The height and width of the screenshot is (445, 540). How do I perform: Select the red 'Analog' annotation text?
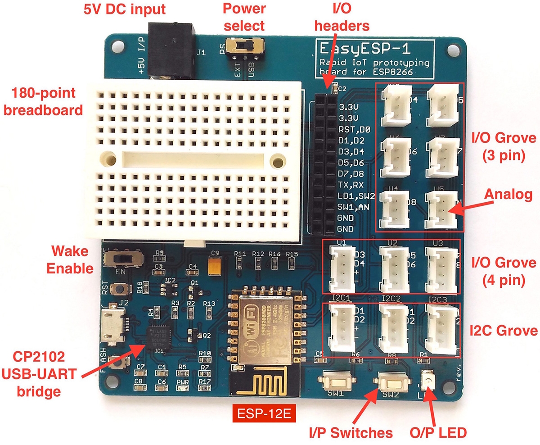click(508, 195)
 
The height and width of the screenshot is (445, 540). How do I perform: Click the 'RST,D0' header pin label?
click(354, 129)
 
